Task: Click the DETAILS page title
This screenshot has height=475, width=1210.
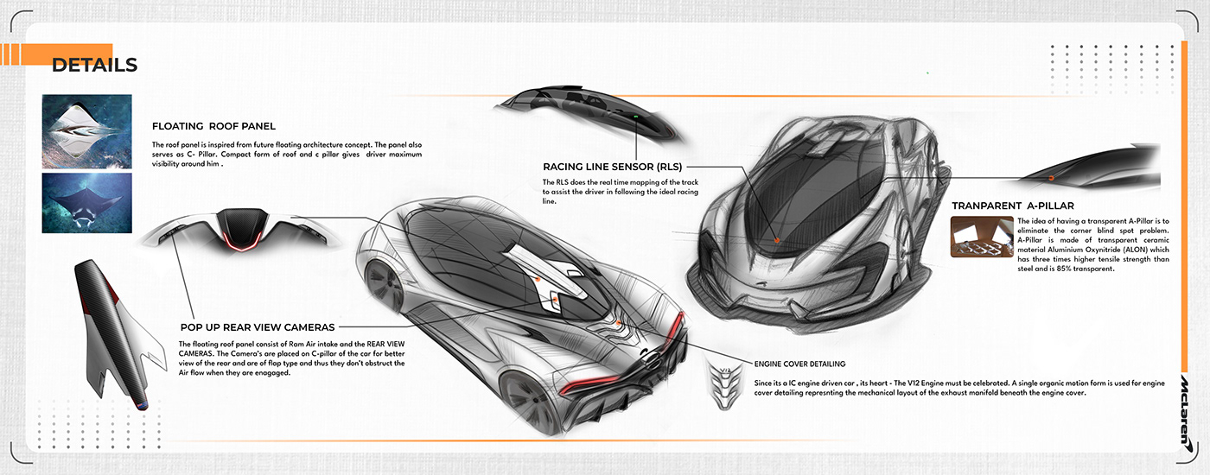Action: tap(94, 66)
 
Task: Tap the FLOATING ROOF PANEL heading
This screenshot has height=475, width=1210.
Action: tap(213, 126)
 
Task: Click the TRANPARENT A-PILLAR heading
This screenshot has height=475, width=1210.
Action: tap(1013, 206)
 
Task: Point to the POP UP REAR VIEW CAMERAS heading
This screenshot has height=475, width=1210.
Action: tap(258, 327)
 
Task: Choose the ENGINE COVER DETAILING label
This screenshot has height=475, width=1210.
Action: tap(799, 364)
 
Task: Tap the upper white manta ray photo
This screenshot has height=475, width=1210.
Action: tap(86, 131)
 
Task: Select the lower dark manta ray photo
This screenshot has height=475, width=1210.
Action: tap(86, 203)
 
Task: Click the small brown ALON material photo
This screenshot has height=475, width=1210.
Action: tap(982, 237)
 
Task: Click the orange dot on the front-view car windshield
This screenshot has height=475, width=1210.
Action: tap(776, 239)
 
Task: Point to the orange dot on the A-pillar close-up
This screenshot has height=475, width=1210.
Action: tap(1051, 177)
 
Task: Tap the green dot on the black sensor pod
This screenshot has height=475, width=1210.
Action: tap(635, 117)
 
